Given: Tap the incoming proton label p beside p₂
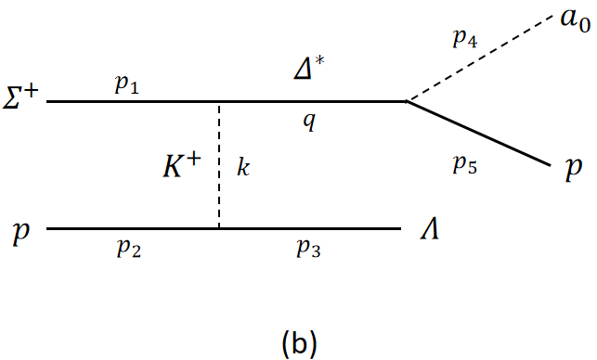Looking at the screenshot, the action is tap(20, 232).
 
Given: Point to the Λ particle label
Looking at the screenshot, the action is tap(430, 229).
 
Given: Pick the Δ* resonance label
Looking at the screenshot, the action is tap(312, 68).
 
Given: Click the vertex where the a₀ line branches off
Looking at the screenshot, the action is tap(406, 101).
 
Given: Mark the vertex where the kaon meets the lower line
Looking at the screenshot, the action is tap(219, 228).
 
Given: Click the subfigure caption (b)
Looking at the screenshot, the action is tap(299, 342).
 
